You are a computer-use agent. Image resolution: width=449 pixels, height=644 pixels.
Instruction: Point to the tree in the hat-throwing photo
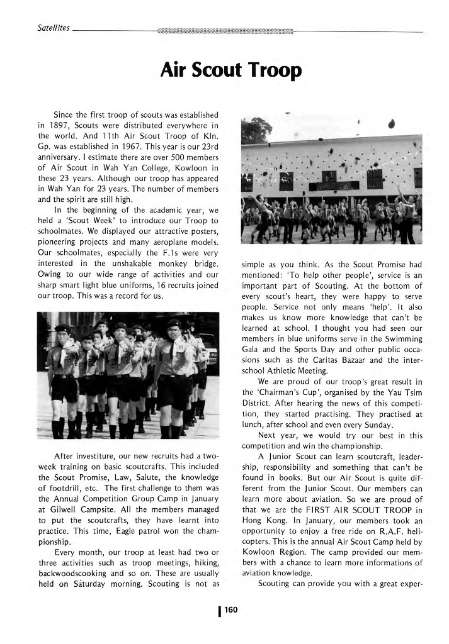click(251, 130)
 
